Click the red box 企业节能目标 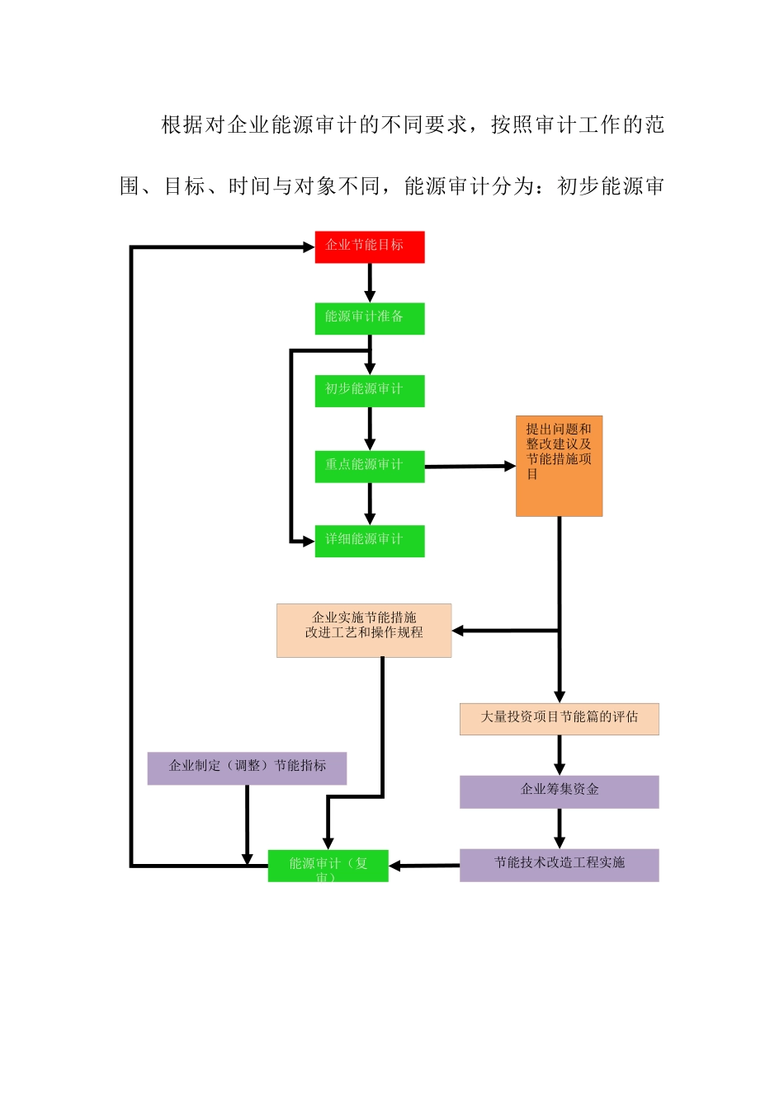[x=369, y=247]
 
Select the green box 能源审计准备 [x=369, y=319]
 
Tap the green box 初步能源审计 [x=369, y=391]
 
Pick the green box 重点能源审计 [x=369, y=466]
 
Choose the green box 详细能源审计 [x=369, y=541]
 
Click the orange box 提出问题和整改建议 [x=559, y=466]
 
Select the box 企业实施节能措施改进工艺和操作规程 [x=364, y=631]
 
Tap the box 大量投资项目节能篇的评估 [x=559, y=719]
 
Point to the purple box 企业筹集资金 [x=559, y=791]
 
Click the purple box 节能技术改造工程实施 [x=559, y=865]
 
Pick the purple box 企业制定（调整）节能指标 [x=247, y=768]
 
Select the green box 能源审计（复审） [x=328, y=866]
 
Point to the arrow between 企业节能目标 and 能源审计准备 [x=370, y=283]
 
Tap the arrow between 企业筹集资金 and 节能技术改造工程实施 [x=560, y=828]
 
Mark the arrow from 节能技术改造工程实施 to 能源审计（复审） [x=424, y=866]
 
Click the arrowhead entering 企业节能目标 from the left [x=309, y=246]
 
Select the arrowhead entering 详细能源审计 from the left [x=309, y=541]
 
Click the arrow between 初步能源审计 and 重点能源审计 [x=370, y=428]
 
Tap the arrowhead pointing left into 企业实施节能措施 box [x=458, y=631]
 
